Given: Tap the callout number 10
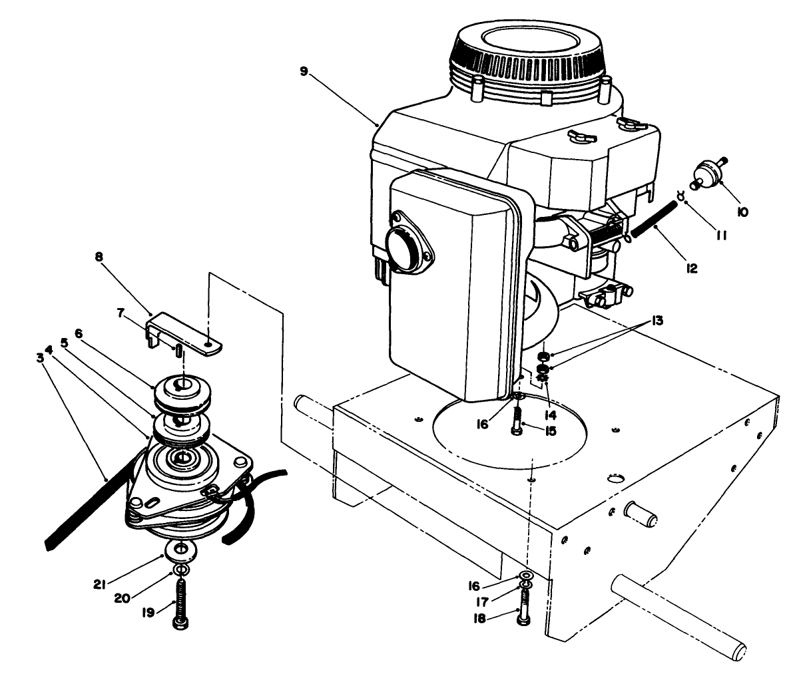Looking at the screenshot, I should coord(742,212).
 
